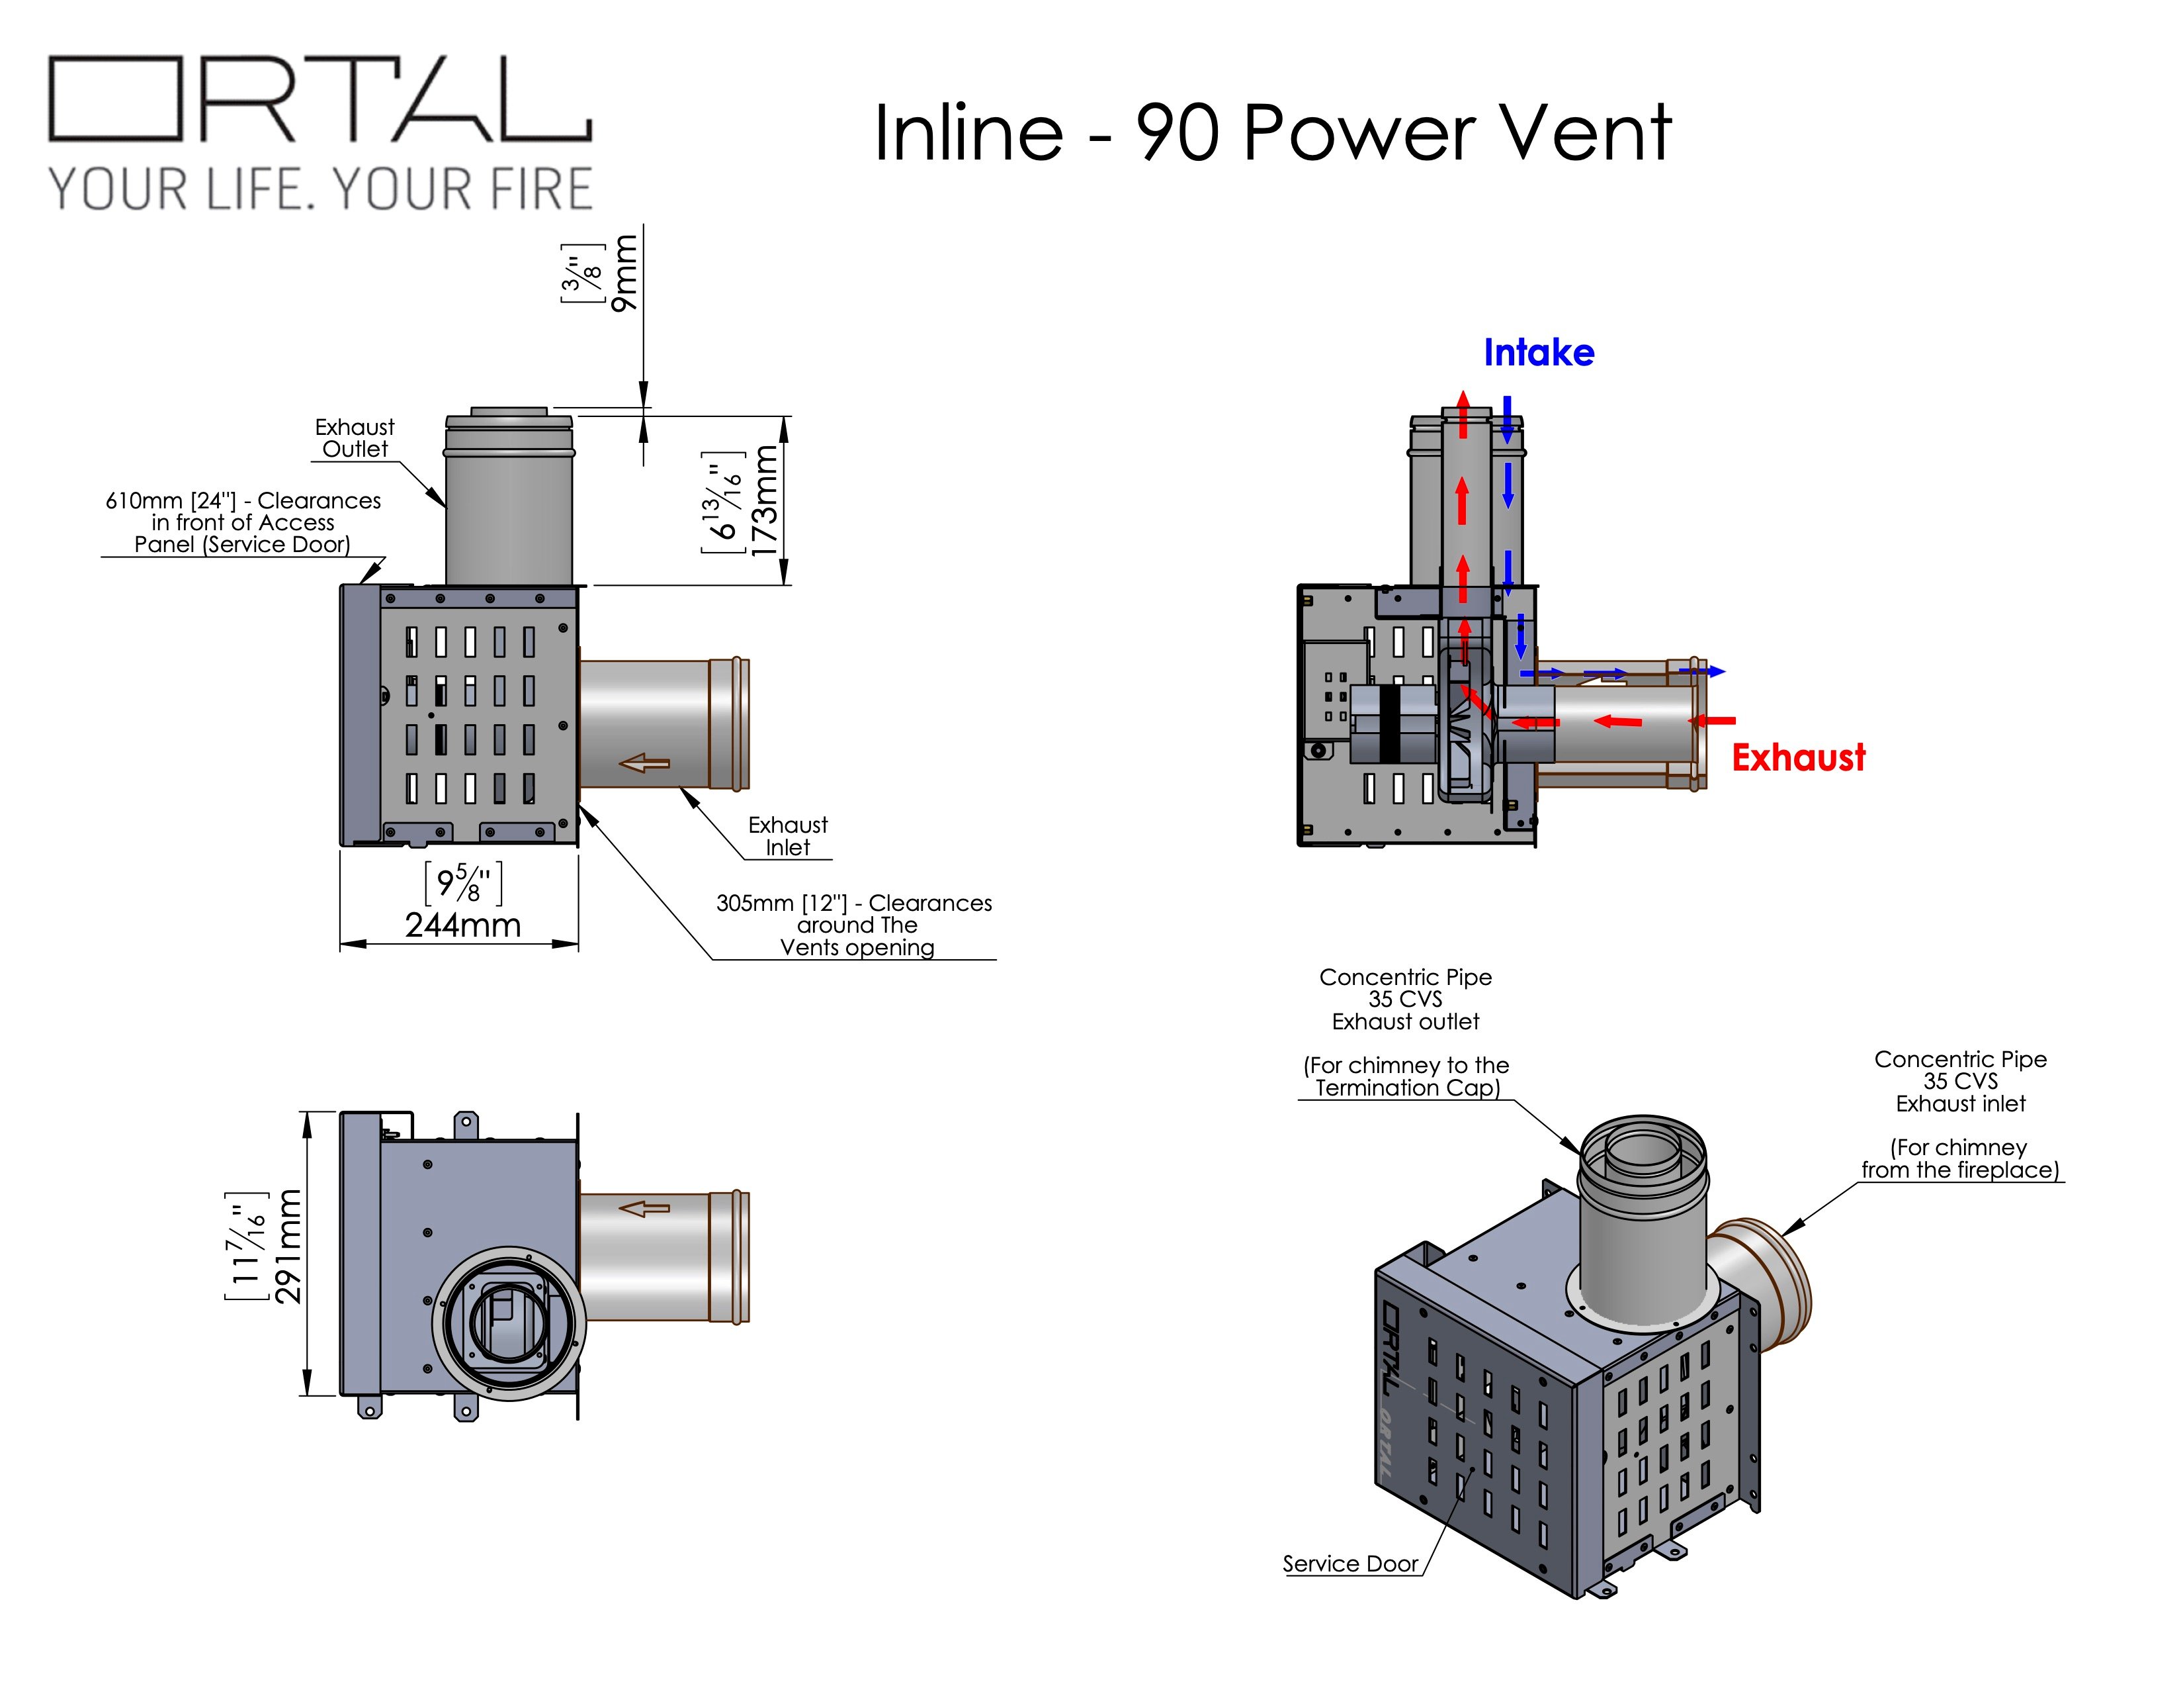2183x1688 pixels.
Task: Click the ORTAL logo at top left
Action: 320,98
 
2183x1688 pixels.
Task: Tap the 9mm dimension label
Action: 624,272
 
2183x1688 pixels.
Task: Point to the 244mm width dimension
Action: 463,924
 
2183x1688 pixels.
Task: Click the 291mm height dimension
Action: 287,1246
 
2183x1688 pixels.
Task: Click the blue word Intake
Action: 1538,352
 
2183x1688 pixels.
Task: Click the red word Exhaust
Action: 1798,758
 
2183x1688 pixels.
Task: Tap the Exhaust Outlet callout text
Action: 355,438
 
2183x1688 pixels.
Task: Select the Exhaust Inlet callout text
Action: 788,836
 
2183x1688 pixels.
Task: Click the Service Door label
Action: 1350,1563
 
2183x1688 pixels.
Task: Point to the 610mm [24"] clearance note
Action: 243,522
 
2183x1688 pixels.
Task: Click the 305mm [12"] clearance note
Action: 855,925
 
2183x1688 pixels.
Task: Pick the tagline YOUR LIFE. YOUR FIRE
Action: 321,190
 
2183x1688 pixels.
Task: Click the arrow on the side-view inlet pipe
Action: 645,763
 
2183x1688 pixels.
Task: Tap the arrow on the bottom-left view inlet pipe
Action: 645,1208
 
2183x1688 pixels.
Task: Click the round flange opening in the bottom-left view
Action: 511,1322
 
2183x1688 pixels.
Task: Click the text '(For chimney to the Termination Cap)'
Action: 1406,1077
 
